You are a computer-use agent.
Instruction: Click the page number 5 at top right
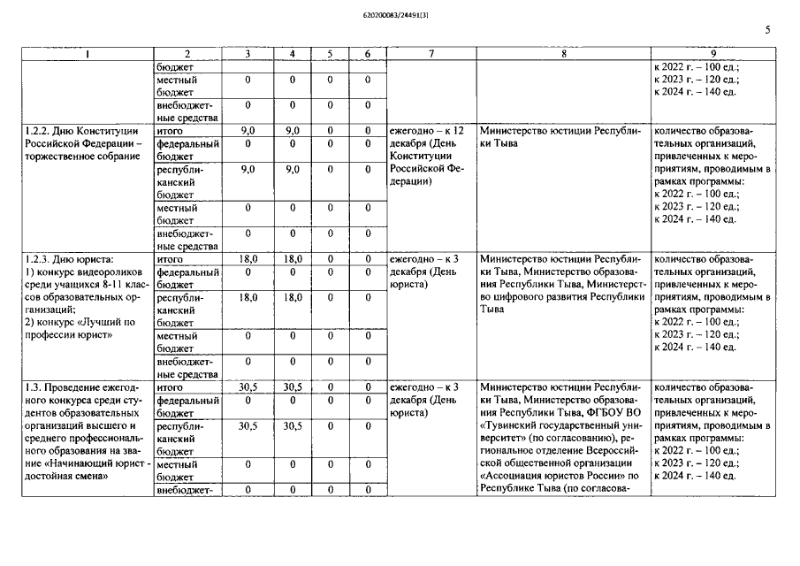767,29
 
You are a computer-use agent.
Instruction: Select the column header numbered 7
430,54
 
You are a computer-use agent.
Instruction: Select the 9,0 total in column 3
248,131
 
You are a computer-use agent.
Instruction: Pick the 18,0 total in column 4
292,259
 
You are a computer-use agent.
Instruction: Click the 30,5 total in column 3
248,387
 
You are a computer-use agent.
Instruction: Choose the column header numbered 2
187,54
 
